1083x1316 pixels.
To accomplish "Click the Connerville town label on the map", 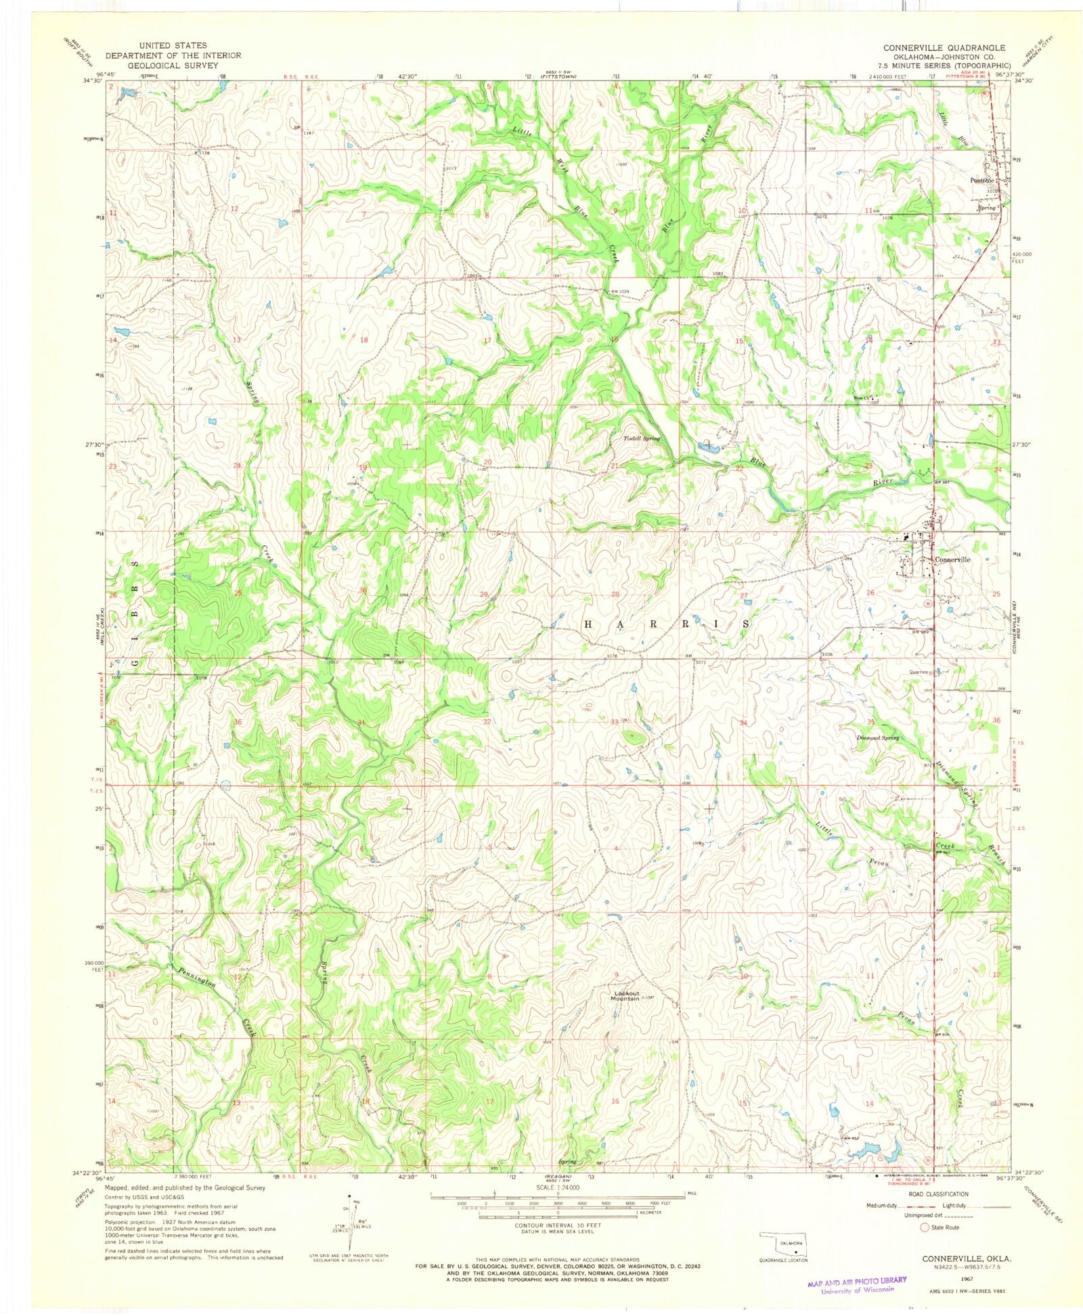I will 952,560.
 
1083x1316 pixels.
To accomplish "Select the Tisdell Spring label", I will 641,438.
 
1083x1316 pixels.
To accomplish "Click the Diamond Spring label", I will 877,738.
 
